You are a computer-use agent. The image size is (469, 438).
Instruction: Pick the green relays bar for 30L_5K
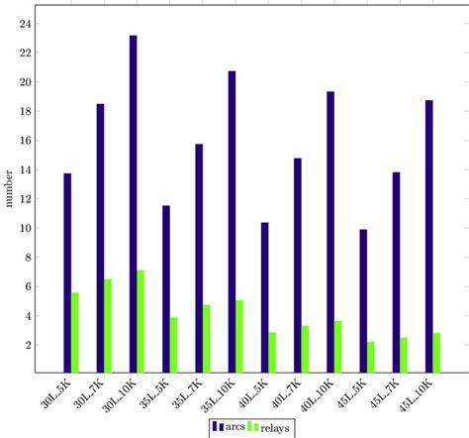click(x=75, y=332)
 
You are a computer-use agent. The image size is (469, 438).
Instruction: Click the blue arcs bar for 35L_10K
click(x=232, y=222)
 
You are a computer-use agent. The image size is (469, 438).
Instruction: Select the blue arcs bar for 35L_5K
click(x=166, y=288)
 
